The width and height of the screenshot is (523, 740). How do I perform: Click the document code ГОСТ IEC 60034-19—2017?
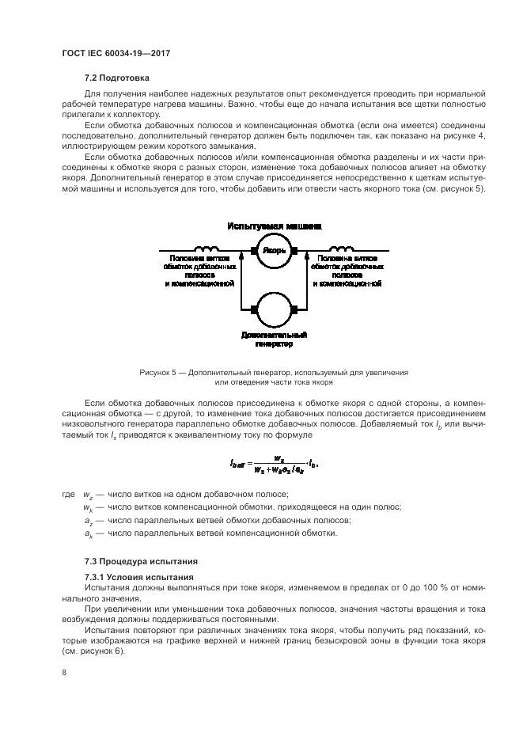[x=116, y=53]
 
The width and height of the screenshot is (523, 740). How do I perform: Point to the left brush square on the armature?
[x=254, y=252]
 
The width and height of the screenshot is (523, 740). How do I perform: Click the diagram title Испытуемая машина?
[x=274, y=226]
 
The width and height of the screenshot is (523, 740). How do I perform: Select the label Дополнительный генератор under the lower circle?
[x=274, y=340]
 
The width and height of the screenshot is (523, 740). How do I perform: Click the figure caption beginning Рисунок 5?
[x=274, y=377]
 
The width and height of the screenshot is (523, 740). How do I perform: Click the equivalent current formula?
[x=274, y=464]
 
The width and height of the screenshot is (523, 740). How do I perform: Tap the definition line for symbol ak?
[x=210, y=533]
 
